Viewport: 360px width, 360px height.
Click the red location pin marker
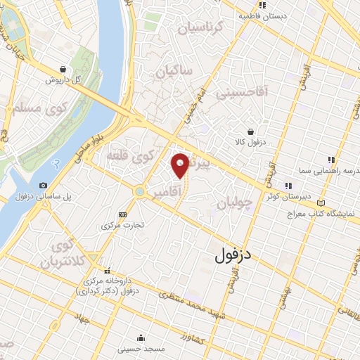click(181, 165)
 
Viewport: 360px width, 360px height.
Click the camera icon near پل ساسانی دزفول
click(44, 185)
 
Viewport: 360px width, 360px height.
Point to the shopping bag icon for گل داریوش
click(64, 70)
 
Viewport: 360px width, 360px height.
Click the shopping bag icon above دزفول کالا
click(251, 131)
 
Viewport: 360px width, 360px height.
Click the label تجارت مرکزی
click(123, 226)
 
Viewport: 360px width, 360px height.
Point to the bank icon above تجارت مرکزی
click(123, 214)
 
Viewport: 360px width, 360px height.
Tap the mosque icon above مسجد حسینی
click(141, 336)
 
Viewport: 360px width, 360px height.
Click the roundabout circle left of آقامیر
click(139, 191)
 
